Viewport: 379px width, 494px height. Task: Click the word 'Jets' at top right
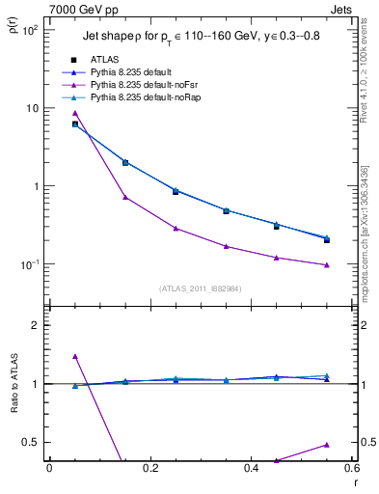pyautogui.click(x=339, y=9)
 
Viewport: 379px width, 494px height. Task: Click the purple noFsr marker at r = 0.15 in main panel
pyautogui.click(x=125, y=197)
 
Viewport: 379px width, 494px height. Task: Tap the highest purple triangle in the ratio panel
pyautogui.click(x=75, y=356)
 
